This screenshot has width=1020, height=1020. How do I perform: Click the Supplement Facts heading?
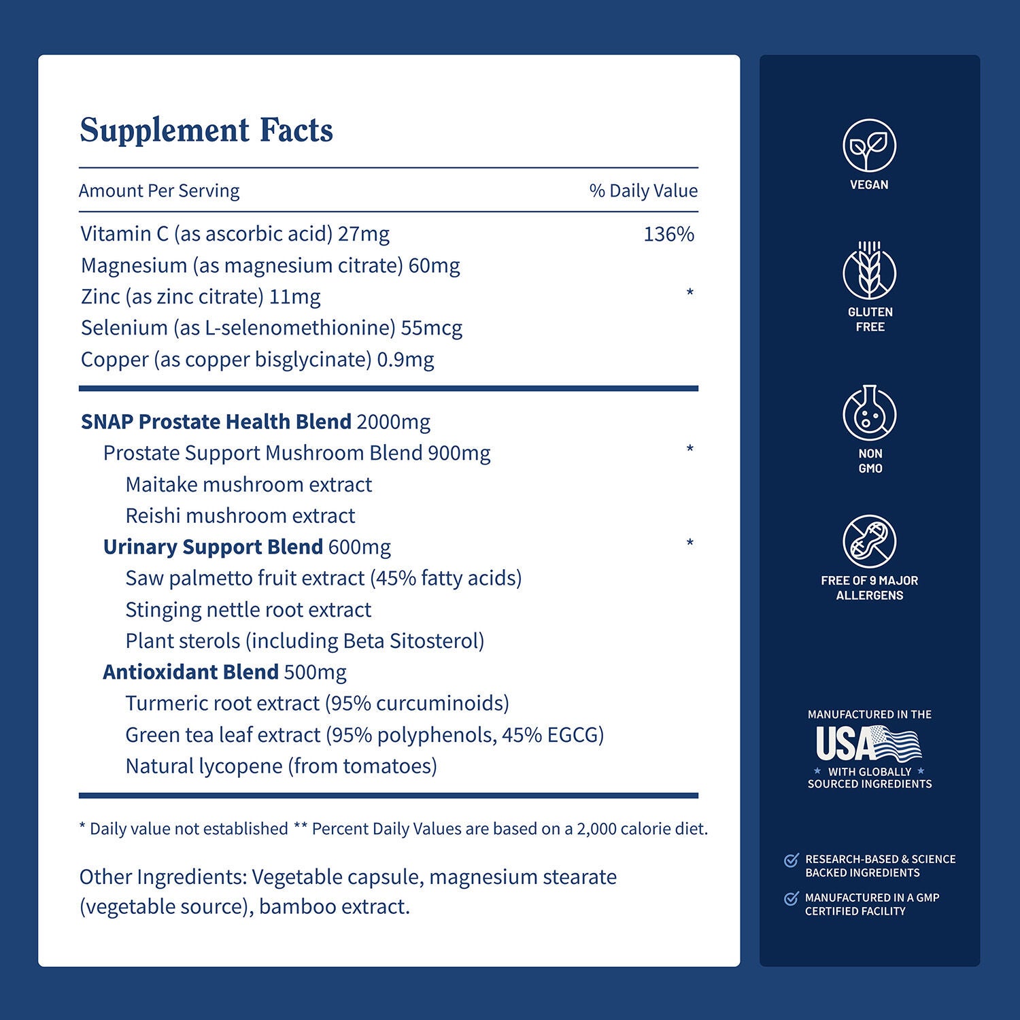click(206, 131)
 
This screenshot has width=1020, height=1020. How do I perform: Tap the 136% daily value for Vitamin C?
click(668, 235)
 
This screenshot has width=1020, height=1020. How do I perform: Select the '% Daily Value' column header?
click(643, 191)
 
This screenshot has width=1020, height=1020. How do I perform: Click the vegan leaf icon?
click(869, 145)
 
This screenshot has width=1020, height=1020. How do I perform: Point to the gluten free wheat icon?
click(869, 271)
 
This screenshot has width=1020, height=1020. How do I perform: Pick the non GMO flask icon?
click(869, 413)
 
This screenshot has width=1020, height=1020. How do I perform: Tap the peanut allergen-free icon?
click(869, 541)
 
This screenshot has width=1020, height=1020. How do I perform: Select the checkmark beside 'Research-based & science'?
click(791, 860)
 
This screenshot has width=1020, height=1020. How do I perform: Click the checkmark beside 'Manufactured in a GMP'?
click(791, 899)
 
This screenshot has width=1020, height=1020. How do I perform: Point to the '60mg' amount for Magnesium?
click(434, 266)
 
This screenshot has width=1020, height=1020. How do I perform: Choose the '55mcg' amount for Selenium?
click(431, 328)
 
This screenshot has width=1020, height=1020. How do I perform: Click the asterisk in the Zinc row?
click(690, 294)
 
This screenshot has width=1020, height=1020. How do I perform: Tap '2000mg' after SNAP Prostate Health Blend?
click(393, 422)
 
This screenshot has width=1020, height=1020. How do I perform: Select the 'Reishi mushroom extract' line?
click(240, 516)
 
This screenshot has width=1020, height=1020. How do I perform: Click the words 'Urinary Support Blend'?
click(213, 547)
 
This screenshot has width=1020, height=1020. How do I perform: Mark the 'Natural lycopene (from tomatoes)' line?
click(281, 766)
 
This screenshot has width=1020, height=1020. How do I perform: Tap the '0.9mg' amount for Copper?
click(405, 360)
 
